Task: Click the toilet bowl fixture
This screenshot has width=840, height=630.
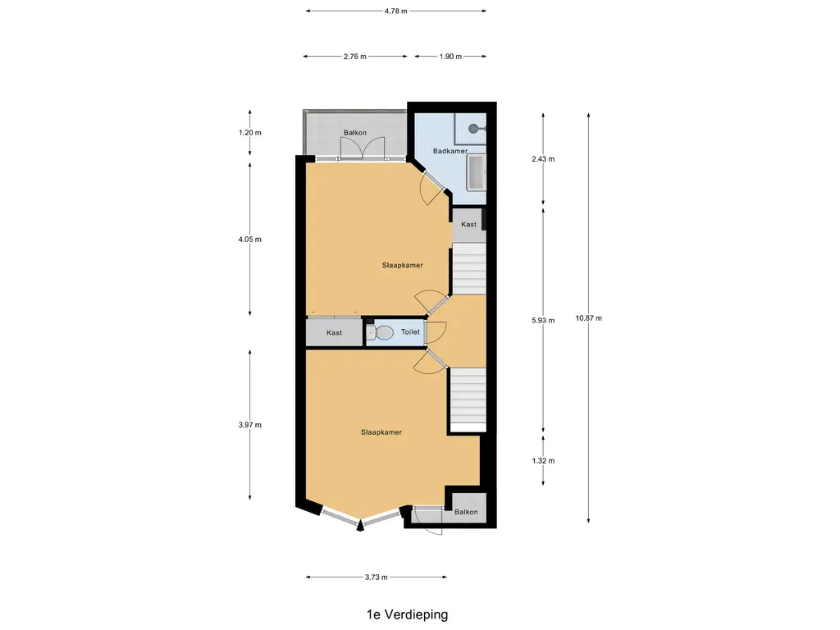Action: [381, 333]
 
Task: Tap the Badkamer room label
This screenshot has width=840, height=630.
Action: [450, 151]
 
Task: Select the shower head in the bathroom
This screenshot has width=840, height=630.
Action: [475, 129]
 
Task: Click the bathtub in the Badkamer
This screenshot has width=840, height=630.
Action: [477, 172]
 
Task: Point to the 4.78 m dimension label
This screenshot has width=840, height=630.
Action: [396, 11]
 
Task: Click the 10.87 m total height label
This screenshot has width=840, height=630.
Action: [589, 318]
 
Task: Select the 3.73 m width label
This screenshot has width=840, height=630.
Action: [376, 577]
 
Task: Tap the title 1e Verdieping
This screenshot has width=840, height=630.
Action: [407, 614]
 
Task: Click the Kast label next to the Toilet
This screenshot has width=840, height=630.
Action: [335, 333]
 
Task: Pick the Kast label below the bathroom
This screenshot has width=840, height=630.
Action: [468, 225]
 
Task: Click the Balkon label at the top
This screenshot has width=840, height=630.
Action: [355, 132]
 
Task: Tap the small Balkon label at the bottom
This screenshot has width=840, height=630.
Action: [466, 512]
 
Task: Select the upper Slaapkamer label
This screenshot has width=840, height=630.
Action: [402, 265]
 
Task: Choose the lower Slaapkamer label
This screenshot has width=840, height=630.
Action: [381, 432]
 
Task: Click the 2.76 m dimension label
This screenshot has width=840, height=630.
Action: [355, 57]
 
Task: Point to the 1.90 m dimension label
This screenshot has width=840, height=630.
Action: [450, 57]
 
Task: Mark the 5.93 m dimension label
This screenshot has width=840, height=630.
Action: [543, 321]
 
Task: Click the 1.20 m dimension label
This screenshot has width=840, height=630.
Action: [250, 132]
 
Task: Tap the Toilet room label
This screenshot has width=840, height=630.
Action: [410, 332]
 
